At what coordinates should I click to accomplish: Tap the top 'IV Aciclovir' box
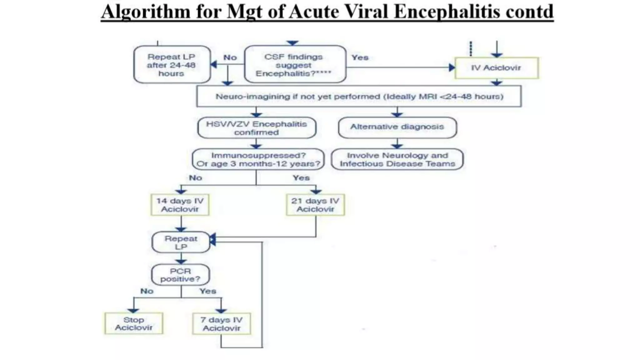click(496, 68)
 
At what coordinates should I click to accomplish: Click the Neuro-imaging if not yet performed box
click(359, 97)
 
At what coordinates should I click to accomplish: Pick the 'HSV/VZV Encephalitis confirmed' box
click(257, 128)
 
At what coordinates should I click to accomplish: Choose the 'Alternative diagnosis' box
click(397, 127)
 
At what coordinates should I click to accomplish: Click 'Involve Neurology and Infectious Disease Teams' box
click(397, 159)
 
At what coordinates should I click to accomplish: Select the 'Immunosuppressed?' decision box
click(258, 159)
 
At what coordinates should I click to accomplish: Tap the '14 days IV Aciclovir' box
click(180, 205)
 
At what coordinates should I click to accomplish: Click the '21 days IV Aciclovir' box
click(315, 205)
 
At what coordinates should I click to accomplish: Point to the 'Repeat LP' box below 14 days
click(181, 242)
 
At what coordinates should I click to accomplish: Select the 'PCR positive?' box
click(180, 275)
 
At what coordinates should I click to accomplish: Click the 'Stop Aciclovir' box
click(133, 324)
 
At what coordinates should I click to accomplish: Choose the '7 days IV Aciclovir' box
click(222, 324)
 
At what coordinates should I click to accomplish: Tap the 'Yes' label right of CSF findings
click(360, 57)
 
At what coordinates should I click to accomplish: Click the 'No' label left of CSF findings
click(230, 57)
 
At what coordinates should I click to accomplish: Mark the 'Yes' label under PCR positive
click(208, 291)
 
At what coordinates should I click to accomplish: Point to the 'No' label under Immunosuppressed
click(195, 178)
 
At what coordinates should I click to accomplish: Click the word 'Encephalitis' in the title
click(447, 12)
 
